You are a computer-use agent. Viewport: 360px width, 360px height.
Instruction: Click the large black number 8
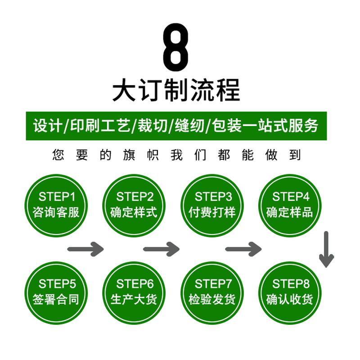click(175, 47)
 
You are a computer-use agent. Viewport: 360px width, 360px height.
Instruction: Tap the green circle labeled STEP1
click(56, 205)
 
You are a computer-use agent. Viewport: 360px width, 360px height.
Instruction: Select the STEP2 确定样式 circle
click(134, 205)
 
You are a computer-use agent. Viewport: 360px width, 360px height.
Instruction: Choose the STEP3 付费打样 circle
click(212, 205)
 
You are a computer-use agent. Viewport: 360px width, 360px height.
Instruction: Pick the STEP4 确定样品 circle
click(290, 205)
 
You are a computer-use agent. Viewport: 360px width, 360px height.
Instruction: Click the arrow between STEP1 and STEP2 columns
click(85, 248)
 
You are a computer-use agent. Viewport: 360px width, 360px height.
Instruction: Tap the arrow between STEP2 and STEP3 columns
click(161, 248)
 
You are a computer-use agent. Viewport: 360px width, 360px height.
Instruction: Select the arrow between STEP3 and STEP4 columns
click(243, 248)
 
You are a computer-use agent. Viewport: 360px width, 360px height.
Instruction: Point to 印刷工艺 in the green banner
click(98, 126)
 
